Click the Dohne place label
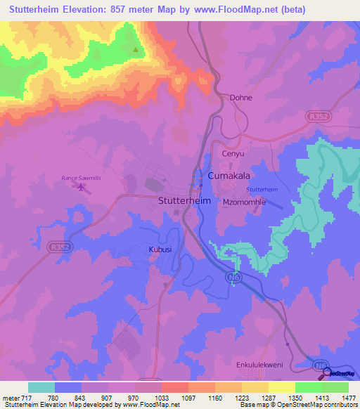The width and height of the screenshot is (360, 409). tap(240, 98)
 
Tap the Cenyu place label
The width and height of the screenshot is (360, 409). tap(233, 153)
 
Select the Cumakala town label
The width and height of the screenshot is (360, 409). tap(229, 175)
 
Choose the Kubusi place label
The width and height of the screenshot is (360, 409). tap(160, 249)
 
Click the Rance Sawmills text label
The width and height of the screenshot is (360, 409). tap(81, 178)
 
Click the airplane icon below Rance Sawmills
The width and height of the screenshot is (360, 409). tap(82, 188)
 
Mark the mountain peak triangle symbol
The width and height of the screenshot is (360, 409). tap(136, 50)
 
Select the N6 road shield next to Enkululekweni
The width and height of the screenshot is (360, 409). tap(321, 366)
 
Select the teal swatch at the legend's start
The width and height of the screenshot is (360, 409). tap(41, 387)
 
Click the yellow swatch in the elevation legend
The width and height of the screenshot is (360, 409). tap(281, 387)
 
